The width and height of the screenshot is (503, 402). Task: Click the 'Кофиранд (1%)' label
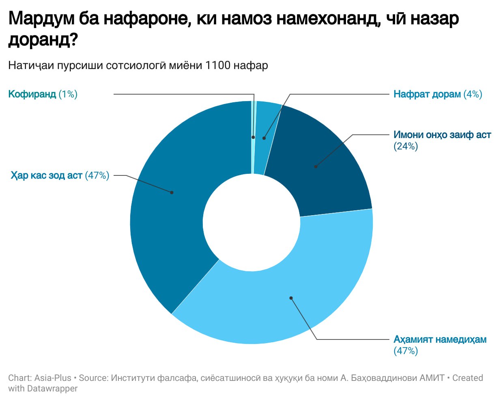(x=43, y=94)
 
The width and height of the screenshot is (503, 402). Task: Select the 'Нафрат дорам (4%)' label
(x=437, y=94)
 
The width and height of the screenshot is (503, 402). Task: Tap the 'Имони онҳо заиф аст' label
(x=442, y=135)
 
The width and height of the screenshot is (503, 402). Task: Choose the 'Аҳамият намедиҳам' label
(x=440, y=339)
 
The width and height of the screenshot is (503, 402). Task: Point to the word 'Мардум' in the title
(x=40, y=19)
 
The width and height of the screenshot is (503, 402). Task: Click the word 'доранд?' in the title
(x=43, y=40)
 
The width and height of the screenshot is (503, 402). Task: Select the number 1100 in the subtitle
(x=218, y=65)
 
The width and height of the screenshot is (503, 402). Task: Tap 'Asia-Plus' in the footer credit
(x=53, y=378)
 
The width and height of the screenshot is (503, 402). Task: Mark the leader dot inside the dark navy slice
(x=316, y=166)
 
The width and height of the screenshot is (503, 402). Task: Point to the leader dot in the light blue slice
(x=291, y=298)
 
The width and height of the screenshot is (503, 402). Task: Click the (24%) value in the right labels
(x=405, y=146)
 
